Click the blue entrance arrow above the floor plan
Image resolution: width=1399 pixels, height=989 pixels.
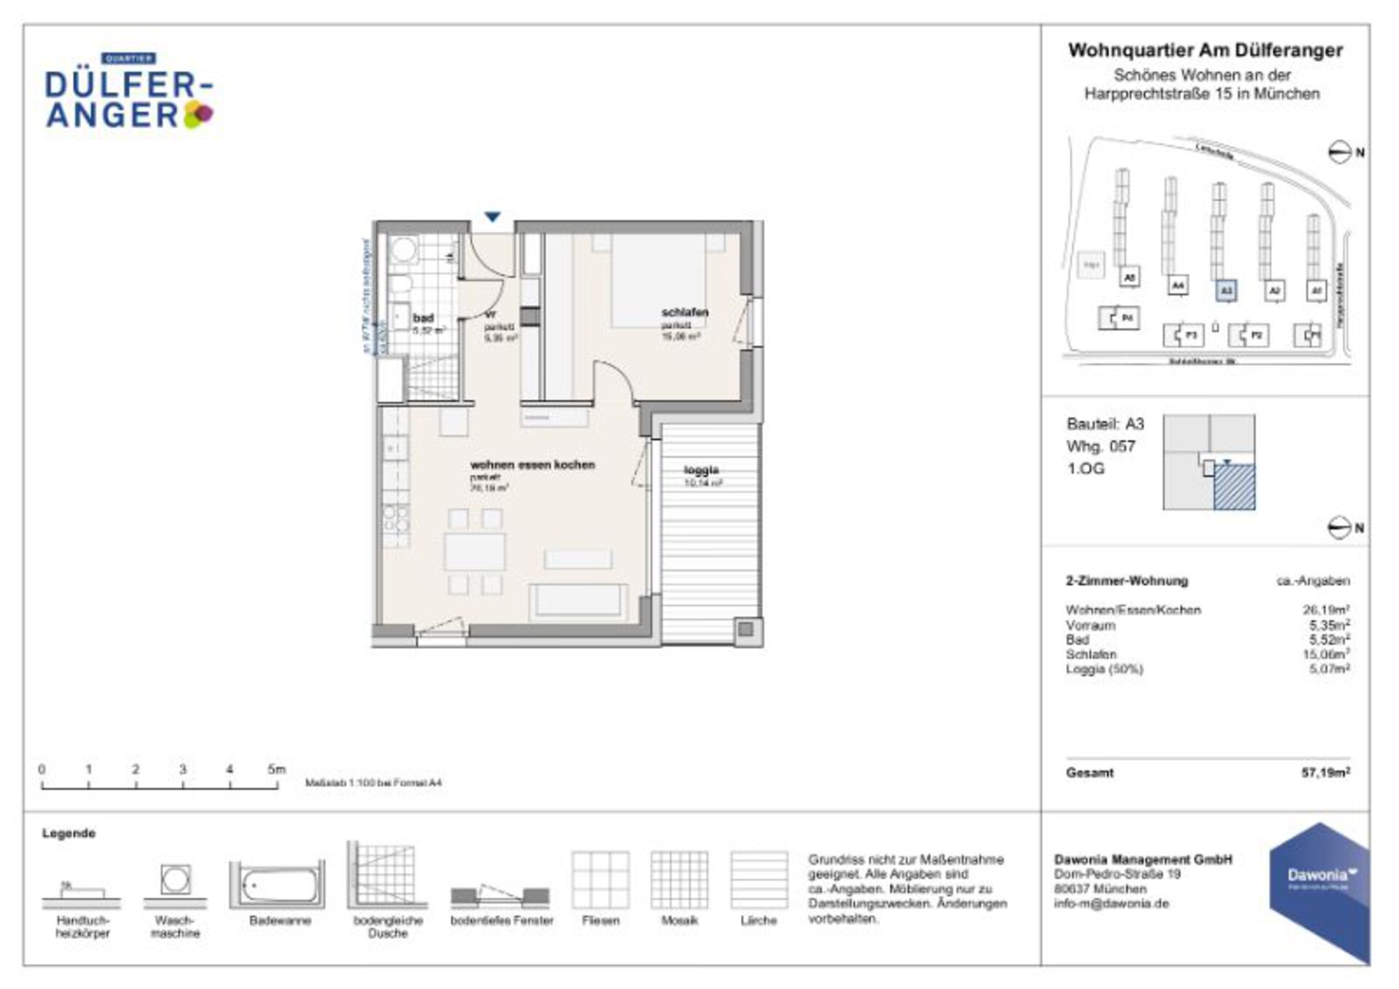click(493, 217)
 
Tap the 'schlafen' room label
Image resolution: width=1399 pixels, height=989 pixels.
click(684, 312)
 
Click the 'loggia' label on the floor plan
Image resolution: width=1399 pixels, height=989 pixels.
click(701, 470)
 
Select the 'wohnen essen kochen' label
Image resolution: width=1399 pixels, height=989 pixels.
click(532, 465)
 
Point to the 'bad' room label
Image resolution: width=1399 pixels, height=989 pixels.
click(423, 318)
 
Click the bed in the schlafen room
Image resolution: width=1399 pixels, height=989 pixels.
click(658, 280)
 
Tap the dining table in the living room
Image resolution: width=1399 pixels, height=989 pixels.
click(474, 551)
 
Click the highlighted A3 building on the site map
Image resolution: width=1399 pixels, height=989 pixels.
click(1226, 291)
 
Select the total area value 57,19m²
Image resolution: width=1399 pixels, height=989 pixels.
click(1325, 773)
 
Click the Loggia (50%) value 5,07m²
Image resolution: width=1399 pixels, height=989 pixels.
click(1329, 669)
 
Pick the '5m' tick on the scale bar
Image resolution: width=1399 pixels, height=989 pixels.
click(276, 770)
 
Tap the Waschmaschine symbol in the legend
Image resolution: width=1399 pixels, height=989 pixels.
click(176, 880)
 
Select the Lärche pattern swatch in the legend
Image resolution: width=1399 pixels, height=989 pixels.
click(759, 880)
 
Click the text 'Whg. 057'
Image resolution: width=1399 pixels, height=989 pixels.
click(1100, 446)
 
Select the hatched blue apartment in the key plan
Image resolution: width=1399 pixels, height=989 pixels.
click(1234, 487)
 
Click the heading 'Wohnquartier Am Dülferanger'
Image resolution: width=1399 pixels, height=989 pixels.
click(1205, 50)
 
